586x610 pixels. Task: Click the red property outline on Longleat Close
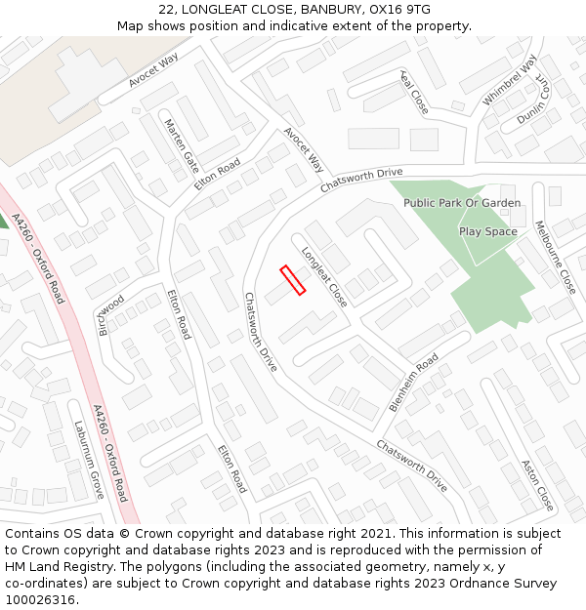293,280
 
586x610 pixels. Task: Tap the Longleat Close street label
324,276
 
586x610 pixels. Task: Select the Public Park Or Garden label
462,203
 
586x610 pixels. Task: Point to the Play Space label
487,231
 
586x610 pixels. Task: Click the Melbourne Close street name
555,258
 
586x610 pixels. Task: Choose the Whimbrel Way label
509,81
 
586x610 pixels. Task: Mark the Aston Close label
538,485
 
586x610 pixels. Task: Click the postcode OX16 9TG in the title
403,9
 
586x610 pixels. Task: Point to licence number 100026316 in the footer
40,600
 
